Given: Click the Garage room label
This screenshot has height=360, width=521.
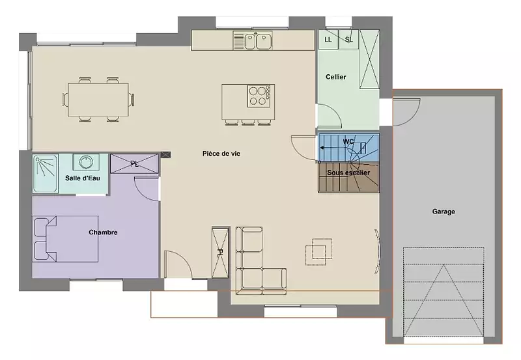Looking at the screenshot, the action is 444,211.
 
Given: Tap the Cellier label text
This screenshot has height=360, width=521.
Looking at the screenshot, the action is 335,77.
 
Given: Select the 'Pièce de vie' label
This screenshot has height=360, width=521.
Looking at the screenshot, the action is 221,154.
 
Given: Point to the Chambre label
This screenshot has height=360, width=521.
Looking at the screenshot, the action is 103,232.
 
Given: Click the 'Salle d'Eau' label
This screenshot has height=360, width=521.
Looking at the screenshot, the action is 83,178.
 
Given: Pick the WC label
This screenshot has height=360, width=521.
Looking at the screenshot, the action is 348,142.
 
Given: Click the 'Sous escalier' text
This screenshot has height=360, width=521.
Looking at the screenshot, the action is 348,173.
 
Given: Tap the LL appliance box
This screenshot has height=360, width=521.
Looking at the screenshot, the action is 328,40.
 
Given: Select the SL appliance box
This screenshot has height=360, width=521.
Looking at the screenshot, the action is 348,40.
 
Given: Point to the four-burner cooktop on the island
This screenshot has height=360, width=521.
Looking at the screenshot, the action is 259,96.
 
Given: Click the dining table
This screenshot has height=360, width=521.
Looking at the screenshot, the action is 98,100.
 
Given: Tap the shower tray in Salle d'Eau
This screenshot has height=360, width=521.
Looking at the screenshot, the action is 46,173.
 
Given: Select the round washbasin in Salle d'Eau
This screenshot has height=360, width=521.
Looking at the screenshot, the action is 86,161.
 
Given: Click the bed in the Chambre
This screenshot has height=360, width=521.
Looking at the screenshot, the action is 66,239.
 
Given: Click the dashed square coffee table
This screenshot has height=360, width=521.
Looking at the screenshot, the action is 318,251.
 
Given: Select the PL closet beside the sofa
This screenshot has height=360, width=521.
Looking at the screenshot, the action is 220,253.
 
